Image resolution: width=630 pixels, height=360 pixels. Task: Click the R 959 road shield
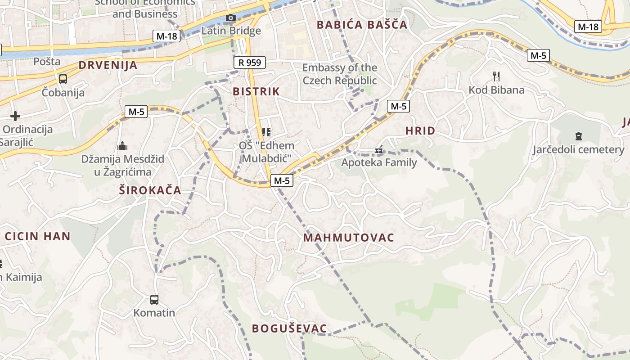pos(250,63)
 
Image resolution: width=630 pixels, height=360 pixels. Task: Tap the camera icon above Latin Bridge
pos(230,18)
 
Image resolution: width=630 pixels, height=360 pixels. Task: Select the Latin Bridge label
pos(231,31)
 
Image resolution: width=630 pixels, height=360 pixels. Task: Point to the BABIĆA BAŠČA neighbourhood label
pos(362,25)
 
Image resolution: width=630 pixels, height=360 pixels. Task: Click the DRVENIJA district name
pos(108,65)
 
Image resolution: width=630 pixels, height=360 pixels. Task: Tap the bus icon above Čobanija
pos(63,79)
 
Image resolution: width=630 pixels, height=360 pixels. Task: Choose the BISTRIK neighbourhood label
pos(256,91)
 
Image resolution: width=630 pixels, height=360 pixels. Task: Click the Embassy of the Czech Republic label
pos(340,74)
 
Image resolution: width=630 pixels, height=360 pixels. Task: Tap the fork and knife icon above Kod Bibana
pos(496,76)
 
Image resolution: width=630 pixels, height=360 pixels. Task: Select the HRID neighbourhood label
pos(420,131)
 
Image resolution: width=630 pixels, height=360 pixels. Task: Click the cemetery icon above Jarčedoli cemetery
pos(579,136)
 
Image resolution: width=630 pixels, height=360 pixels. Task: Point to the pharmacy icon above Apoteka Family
pos(379,149)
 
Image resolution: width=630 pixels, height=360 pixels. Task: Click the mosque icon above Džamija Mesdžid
pos(122,146)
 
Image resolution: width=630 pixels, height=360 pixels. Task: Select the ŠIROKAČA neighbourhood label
pos(150,190)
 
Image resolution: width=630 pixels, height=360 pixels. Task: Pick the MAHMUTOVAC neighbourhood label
pos(349,238)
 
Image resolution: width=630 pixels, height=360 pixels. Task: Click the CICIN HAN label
pos(38,236)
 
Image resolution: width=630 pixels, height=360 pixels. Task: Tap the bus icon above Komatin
pos(154,299)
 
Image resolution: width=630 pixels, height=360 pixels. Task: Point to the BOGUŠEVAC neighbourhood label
pos(289,328)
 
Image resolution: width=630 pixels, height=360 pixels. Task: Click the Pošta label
pos(47,61)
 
